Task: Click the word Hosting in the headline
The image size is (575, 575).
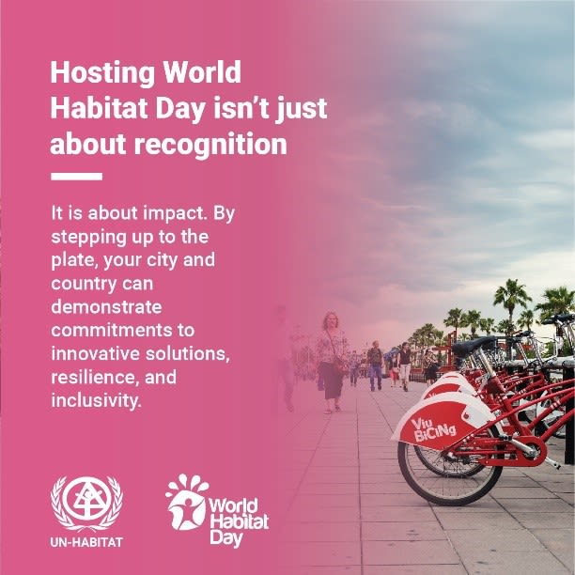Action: pyautogui.click(x=103, y=73)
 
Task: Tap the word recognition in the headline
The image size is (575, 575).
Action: pyautogui.click(x=210, y=144)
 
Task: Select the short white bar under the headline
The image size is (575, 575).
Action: pyautogui.click(x=77, y=177)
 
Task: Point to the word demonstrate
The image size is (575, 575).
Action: pyautogui.click(x=106, y=307)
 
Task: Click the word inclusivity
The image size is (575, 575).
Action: pyautogui.click(x=96, y=401)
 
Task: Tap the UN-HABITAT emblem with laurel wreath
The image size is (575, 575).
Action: pyautogui.click(x=87, y=503)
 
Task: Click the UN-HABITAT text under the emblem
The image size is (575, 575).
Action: pyautogui.click(x=86, y=542)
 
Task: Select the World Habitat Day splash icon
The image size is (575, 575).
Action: pyautogui.click(x=186, y=502)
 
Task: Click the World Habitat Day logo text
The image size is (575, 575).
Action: pyautogui.click(x=239, y=521)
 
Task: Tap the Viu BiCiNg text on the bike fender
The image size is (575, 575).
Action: pyautogui.click(x=434, y=430)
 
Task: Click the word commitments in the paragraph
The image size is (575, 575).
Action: pyautogui.click(x=112, y=331)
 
